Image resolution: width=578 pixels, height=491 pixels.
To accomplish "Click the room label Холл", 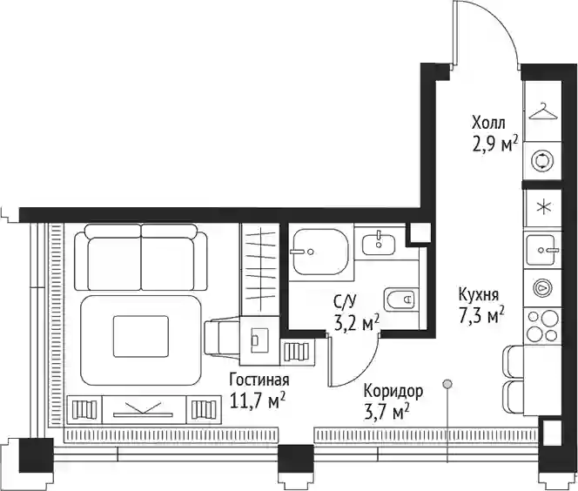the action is pyautogui.click(x=488, y=123).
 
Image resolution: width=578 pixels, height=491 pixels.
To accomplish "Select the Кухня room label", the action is pyautogui.click(x=479, y=295).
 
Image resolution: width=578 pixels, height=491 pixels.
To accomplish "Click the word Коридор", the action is pyautogui.click(x=393, y=393).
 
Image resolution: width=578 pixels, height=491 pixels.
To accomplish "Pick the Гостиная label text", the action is pyautogui.click(x=259, y=380).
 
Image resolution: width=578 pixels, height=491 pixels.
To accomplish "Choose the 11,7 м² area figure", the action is pyautogui.click(x=257, y=400).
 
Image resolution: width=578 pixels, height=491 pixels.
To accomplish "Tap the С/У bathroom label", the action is pyautogui.click(x=345, y=302).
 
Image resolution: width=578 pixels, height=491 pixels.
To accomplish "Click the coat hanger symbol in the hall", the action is pyautogui.click(x=542, y=111).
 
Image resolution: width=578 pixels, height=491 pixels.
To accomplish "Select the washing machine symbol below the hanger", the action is pyautogui.click(x=542, y=161).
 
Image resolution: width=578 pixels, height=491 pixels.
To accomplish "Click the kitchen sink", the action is pyautogui.click(x=541, y=250).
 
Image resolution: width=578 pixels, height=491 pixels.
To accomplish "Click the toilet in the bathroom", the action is pyautogui.click(x=400, y=299).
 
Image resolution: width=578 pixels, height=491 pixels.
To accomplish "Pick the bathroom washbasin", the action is pyautogui.click(x=379, y=244).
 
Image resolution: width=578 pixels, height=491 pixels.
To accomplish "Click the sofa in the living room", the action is pyautogui.click(x=141, y=258).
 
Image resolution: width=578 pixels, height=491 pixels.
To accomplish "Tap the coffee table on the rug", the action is pyautogui.click(x=141, y=336).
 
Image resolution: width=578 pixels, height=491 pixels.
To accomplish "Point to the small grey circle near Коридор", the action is pyautogui.click(x=447, y=385).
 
